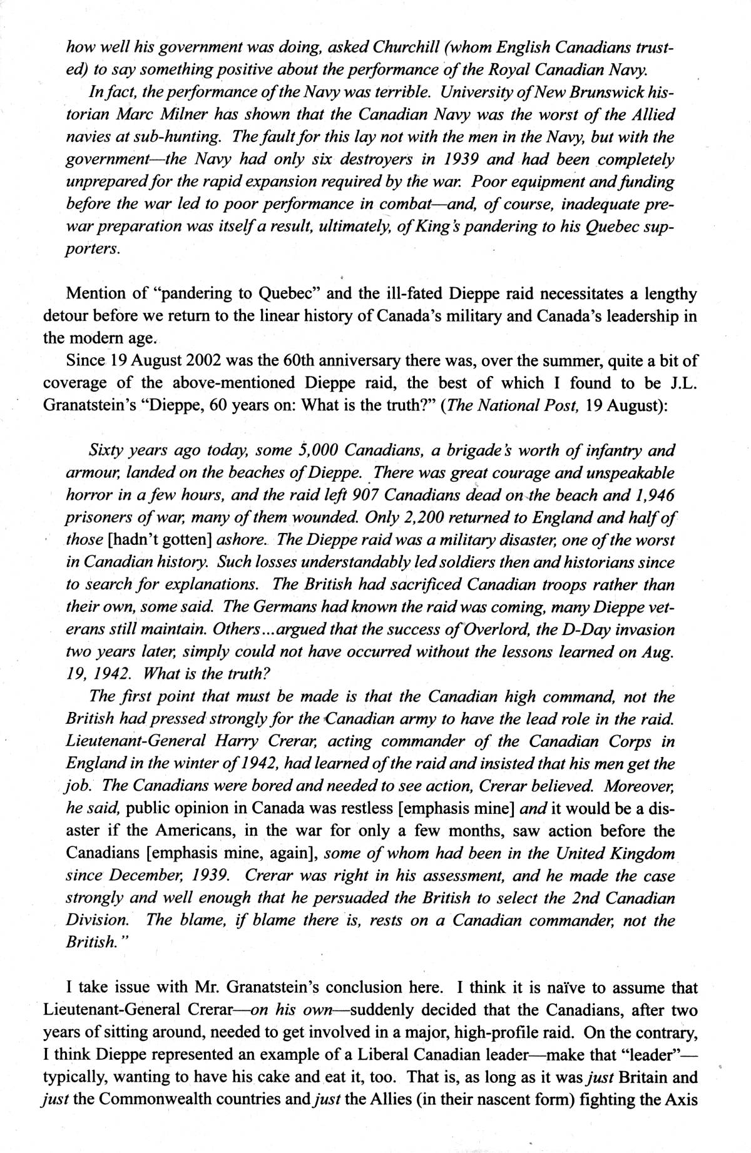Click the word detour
[x=63, y=316]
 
